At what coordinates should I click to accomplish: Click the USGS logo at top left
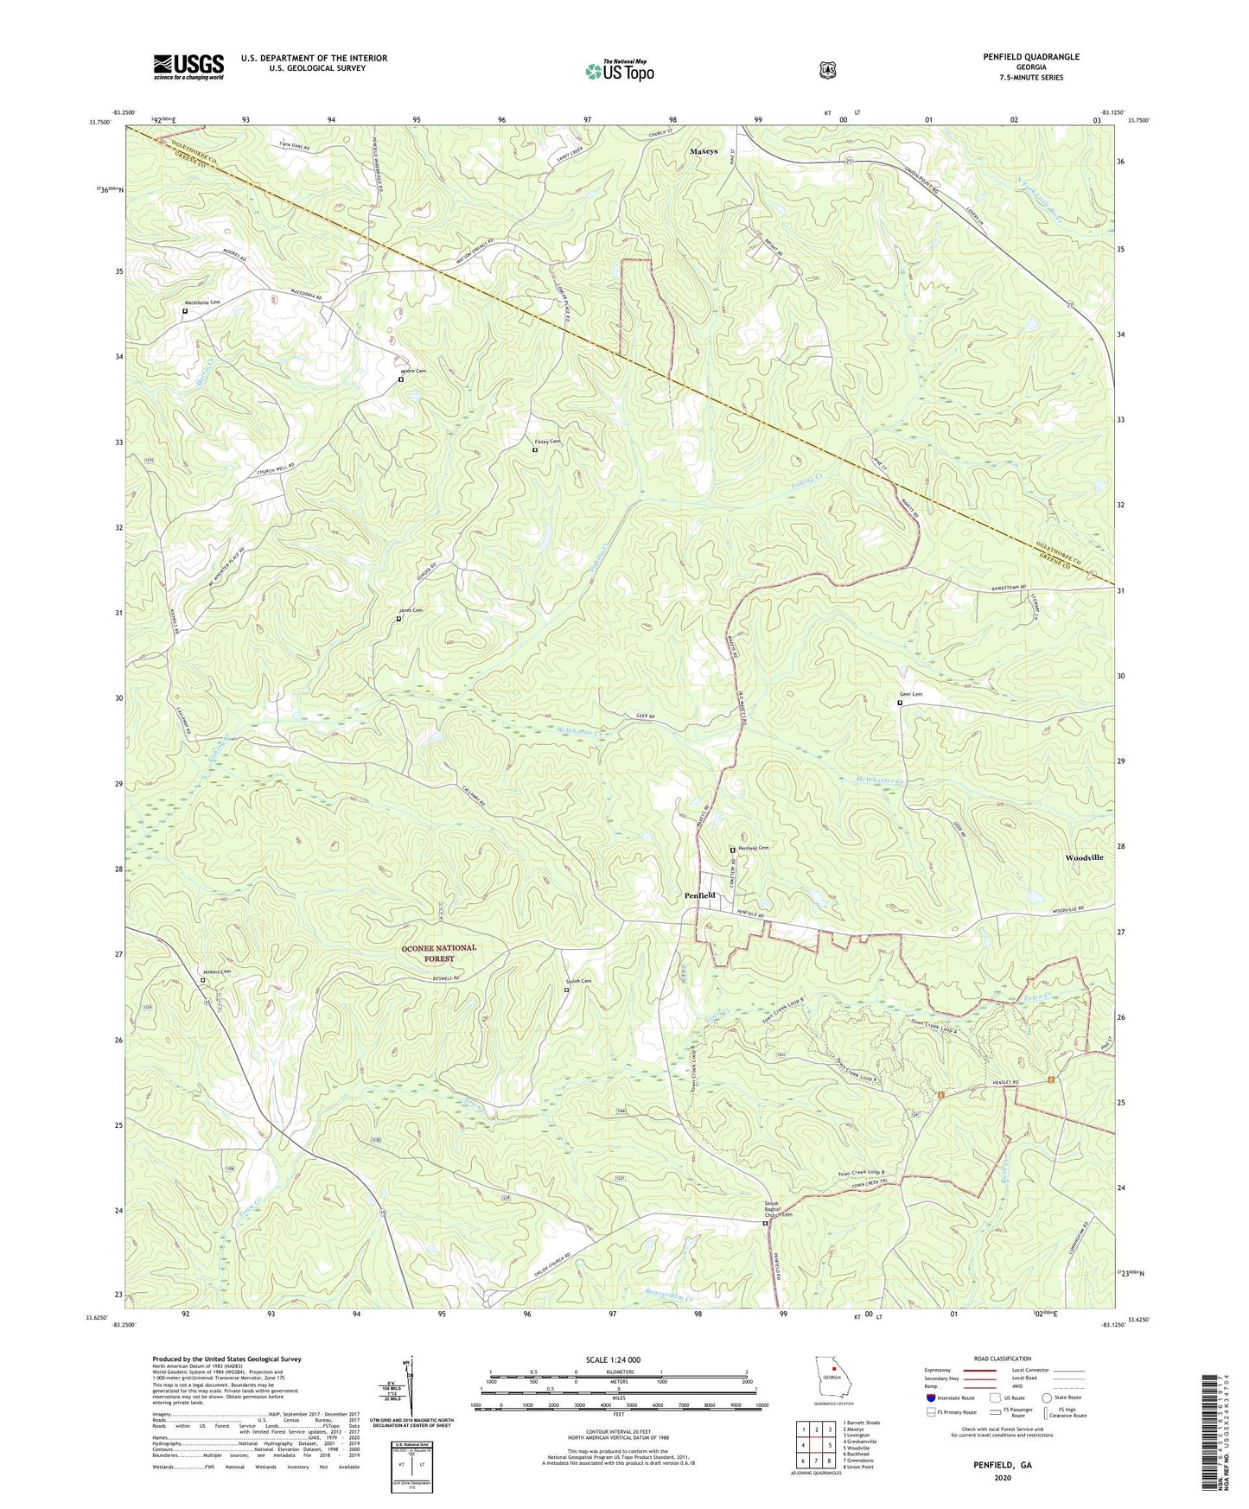[x=188, y=67]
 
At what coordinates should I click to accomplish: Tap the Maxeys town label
[x=704, y=151]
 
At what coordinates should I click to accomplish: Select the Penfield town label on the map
[x=699, y=895]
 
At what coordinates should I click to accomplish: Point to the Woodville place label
[x=1084, y=857]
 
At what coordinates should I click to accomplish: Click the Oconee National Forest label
[x=438, y=952]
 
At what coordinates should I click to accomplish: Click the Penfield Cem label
[x=753, y=848]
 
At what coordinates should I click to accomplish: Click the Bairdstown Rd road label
[x=1004, y=587]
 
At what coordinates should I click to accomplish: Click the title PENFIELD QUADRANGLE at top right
[x=1030, y=57]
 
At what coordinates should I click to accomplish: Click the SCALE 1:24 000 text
[x=613, y=1360]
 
